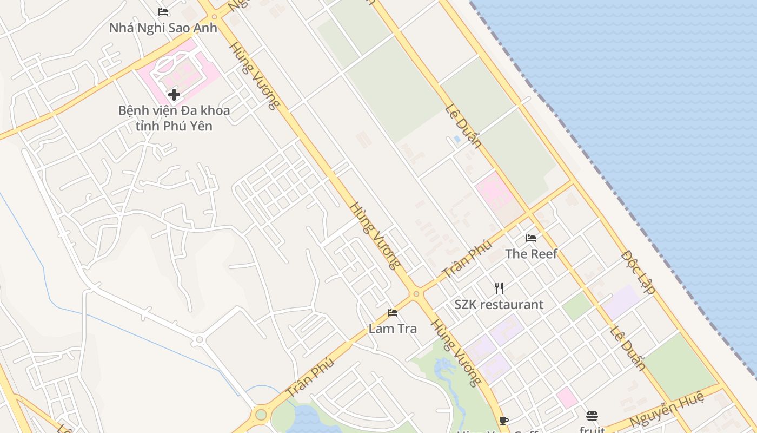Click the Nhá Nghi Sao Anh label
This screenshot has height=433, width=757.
163,28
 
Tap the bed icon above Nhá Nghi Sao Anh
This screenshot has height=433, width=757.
163,12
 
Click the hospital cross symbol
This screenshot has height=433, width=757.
174,95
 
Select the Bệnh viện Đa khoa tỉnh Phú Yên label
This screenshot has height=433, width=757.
174,119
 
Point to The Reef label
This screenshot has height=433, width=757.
531,254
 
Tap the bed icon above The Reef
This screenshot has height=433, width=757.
531,238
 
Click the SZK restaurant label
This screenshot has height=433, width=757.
499,305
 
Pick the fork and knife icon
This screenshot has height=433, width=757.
499,288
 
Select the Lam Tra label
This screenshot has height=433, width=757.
393,329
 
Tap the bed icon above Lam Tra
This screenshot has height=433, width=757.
393,313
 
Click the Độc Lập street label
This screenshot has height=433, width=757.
639,272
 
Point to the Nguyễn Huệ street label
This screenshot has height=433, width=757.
667,410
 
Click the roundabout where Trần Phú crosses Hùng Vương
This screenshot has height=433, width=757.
416,294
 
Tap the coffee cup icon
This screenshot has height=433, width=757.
504,421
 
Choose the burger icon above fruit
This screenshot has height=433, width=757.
592,416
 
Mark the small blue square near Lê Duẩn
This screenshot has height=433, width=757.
457,139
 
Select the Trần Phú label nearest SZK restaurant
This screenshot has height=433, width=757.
467,259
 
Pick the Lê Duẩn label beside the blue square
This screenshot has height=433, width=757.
463,126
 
